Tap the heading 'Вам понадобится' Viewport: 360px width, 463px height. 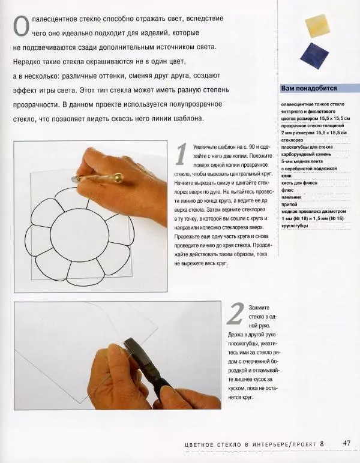point(309,88)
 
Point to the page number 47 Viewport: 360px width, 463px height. point(347,443)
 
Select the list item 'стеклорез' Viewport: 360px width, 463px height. point(292,139)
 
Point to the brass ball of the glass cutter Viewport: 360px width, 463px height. point(119,178)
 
